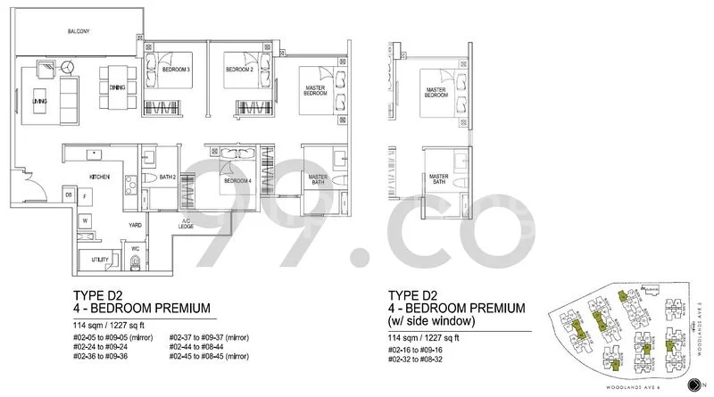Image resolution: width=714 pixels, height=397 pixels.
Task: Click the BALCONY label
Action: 79,32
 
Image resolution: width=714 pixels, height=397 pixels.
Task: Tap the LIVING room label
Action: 39,102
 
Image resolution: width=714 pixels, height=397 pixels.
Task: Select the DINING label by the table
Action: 117,87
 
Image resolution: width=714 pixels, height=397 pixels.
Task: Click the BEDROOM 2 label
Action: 237,70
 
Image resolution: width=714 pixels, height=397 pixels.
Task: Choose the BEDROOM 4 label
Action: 237,181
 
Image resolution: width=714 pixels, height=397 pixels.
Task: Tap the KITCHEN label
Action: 98,178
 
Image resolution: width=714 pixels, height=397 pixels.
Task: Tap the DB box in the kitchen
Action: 68,194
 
